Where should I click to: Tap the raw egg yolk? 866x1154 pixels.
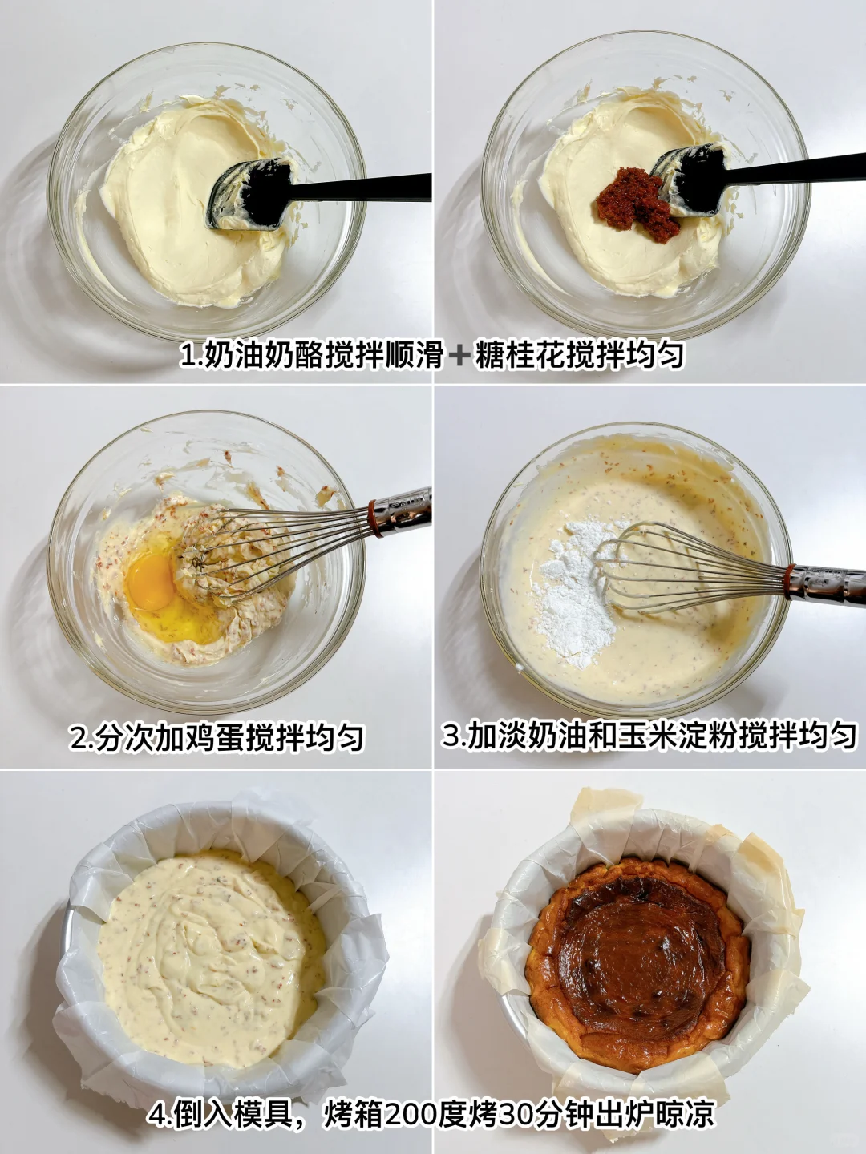(x=151, y=580)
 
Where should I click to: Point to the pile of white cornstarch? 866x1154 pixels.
(x=575, y=594)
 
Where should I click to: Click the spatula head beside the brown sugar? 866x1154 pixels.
(x=690, y=180)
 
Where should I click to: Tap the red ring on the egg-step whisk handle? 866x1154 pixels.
(x=374, y=518)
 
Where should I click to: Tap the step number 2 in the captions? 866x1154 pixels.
(x=79, y=738)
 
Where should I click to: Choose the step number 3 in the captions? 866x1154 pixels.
(x=451, y=736)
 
